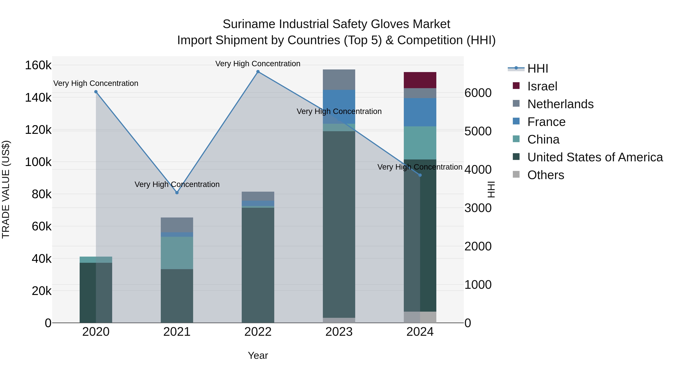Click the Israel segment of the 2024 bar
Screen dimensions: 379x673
pyautogui.click(x=420, y=80)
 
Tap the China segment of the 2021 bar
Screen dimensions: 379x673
pyautogui.click(x=177, y=253)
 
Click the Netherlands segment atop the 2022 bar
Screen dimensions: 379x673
pyautogui.click(x=258, y=196)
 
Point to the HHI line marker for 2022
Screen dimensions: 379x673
pyautogui.click(x=258, y=72)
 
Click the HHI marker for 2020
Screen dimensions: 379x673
pyautogui.click(x=96, y=92)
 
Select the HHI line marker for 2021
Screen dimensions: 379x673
pyautogui.click(x=177, y=193)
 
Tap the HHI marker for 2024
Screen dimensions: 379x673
pyautogui.click(x=420, y=175)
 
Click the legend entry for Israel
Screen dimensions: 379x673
pyautogui.click(x=542, y=86)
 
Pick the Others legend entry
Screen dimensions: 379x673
pyautogui.click(x=546, y=175)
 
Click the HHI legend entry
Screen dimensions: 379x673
pyautogui.click(x=537, y=69)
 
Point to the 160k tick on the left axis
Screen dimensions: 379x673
pyautogui.click(x=38, y=65)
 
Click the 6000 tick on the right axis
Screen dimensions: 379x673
pyautogui.click(x=478, y=93)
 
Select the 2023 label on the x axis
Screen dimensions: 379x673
pyautogui.click(x=339, y=332)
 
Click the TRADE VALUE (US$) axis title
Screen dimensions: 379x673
pyautogui.click(x=6, y=189)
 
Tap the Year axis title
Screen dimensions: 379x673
pyautogui.click(x=258, y=355)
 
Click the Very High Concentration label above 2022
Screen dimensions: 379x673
pyautogui.click(x=258, y=64)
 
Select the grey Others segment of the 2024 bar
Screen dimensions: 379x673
pyautogui.click(x=420, y=317)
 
